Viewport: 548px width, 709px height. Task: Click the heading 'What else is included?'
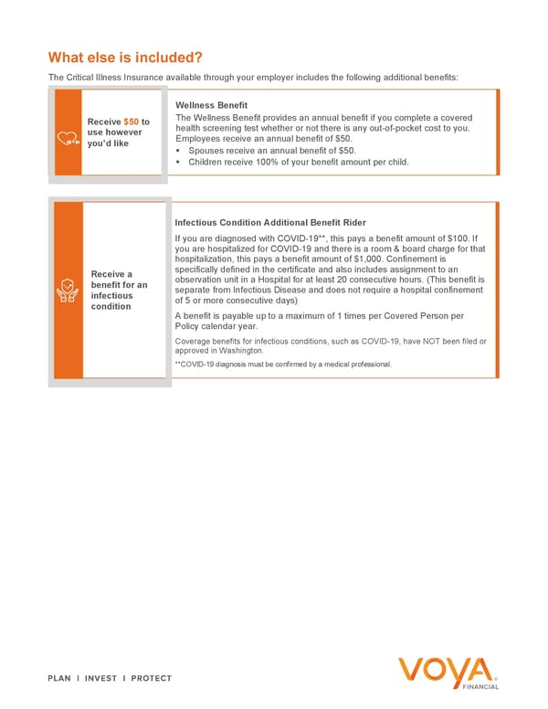click(x=125, y=57)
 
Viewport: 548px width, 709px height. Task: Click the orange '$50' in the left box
click(x=132, y=122)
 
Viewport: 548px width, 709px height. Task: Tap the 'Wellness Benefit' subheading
click(x=211, y=106)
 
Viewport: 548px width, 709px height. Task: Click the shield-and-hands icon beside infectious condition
click(x=68, y=290)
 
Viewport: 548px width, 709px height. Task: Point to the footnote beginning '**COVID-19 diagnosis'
click(x=282, y=365)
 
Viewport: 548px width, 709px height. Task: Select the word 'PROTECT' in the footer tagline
click(x=151, y=678)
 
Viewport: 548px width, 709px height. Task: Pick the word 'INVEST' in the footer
click(x=105, y=678)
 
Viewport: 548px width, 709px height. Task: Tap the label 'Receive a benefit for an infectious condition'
click(x=116, y=290)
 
